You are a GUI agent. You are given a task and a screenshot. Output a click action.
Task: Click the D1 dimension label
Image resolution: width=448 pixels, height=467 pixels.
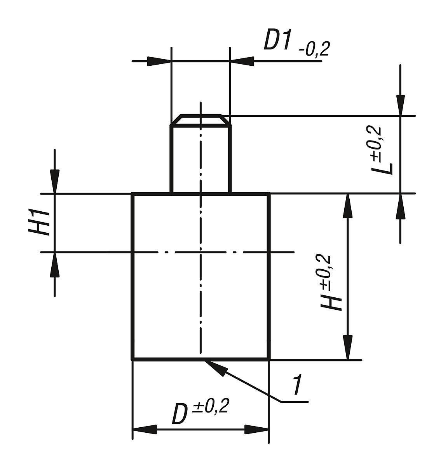click(277, 39)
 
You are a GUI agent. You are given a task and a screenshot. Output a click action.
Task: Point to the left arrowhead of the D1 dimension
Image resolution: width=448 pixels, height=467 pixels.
click(159, 61)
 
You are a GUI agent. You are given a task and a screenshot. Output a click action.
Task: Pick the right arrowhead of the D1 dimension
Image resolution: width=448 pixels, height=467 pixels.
click(242, 61)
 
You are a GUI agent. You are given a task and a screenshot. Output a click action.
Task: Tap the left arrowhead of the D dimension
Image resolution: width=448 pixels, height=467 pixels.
click(145, 430)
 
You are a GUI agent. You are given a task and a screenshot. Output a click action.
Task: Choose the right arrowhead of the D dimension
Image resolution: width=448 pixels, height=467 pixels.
click(256, 430)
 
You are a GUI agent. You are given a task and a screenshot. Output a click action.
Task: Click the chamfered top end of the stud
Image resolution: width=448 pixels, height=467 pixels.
click(200, 120)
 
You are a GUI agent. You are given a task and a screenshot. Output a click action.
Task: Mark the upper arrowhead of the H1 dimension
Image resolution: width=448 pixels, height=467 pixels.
click(55, 181)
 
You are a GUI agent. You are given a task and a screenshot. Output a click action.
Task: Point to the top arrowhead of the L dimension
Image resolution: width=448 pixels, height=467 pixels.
click(400, 104)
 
